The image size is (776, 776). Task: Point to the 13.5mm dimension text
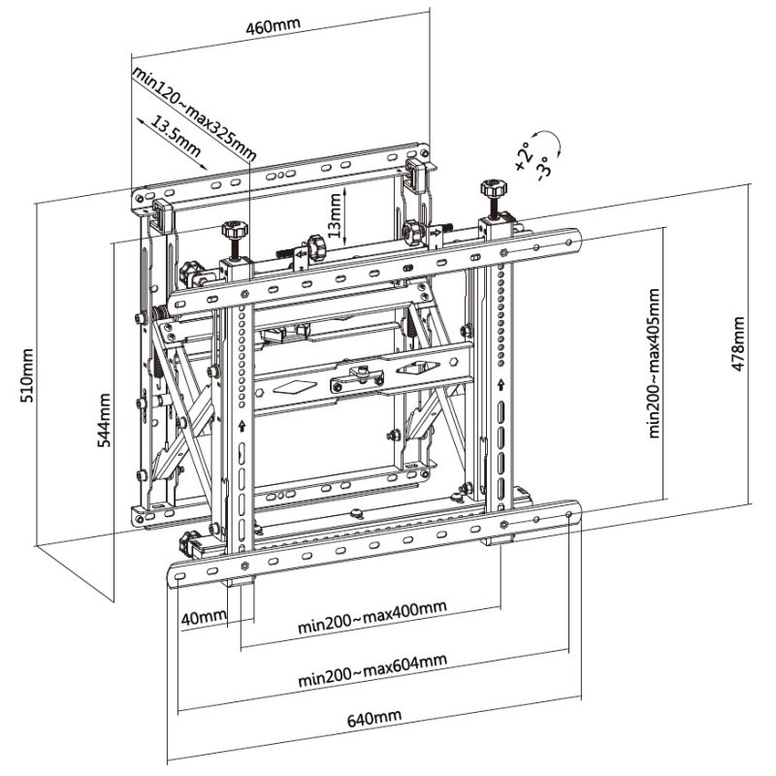click(x=176, y=136)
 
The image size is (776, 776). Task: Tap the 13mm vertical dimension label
click(x=334, y=214)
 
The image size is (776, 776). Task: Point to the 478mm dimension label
click(x=736, y=344)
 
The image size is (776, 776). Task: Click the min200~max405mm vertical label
click(x=655, y=362)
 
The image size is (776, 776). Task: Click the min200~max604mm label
click(x=372, y=668)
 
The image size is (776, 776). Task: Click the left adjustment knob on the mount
click(x=233, y=234)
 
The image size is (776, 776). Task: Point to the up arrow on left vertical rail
click(x=239, y=424)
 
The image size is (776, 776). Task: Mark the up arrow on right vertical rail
click(x=501, y=385)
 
